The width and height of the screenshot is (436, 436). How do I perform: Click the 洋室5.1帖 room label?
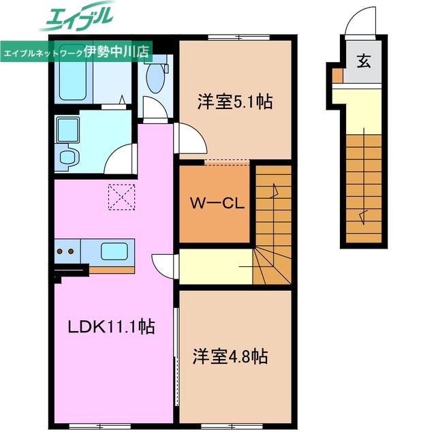point(235,102)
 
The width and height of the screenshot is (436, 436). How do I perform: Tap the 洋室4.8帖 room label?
point(230,356)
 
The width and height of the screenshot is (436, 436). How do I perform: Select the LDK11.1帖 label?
point(110,327)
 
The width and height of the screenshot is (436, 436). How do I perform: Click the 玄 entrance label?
point(363,61)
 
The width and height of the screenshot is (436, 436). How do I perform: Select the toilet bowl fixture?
point(155,79)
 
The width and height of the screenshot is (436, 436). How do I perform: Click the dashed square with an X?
point(121,198)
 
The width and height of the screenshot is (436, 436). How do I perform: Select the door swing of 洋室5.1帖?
point(191,140)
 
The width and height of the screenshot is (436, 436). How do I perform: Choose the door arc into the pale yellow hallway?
point(164,265)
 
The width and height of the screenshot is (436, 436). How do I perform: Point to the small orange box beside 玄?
point(337,74)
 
